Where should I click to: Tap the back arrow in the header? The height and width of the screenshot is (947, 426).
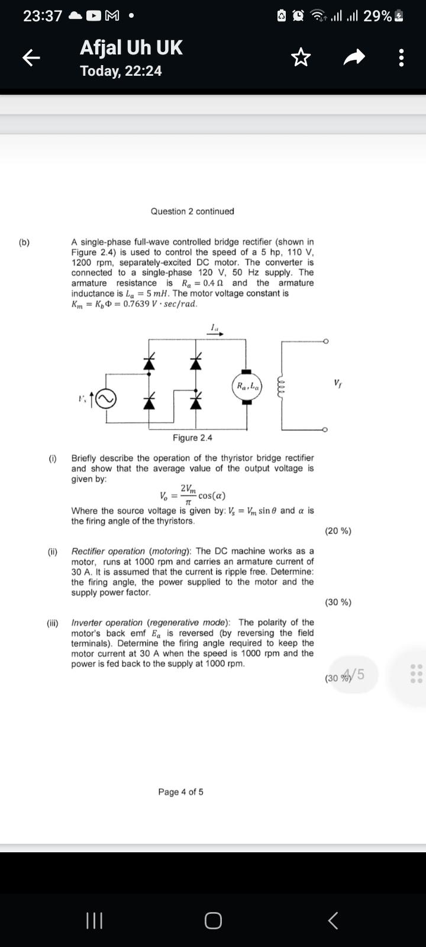point(31,57)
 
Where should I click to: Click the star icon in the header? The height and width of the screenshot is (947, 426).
point(301,57)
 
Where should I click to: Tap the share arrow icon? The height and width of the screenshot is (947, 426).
point(354,57)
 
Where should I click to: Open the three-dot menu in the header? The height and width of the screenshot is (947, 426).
point(402,57)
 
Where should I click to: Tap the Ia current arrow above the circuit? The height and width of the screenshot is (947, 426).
point(216,330)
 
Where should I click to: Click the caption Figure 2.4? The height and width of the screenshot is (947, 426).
point(192,437)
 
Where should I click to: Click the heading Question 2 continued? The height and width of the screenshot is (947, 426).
point(192,211)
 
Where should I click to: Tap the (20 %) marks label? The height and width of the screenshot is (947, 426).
point(338,531)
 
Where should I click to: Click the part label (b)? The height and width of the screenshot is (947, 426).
point(24,242)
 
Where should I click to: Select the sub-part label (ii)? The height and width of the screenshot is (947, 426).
point(53,552)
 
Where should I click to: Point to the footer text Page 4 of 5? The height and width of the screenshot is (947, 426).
point(180,792)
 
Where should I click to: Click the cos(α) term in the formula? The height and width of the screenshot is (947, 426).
point(212,496)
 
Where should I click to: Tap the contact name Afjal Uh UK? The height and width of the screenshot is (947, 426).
point(131,47)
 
